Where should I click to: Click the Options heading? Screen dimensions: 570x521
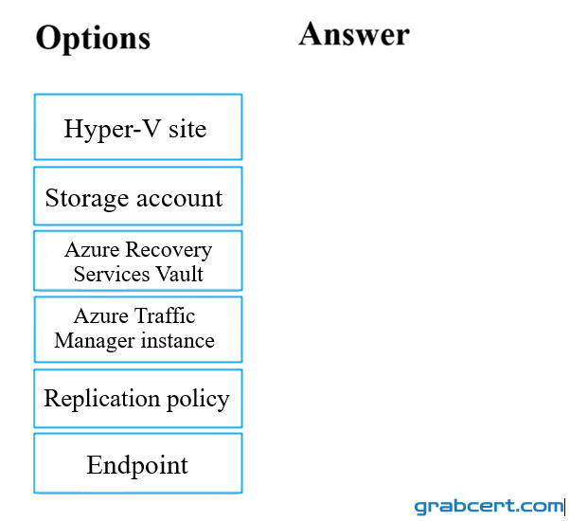point(93,39)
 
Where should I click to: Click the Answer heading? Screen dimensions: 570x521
point(354,34)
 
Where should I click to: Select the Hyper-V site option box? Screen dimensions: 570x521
point(138,127)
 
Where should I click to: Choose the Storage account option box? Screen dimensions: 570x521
point(138,196)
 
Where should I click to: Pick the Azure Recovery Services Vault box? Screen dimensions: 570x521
point(138,260)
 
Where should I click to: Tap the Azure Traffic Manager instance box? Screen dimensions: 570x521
point(138,330)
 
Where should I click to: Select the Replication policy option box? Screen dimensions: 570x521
point(138,399)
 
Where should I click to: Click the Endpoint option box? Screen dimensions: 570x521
point(138,463)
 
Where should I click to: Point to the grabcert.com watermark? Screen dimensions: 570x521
point(489,507)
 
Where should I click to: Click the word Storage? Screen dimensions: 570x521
point(87,199)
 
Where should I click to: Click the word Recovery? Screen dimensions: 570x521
point(169,251)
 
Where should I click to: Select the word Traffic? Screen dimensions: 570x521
point(165,315)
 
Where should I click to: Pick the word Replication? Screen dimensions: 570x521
point(102,400)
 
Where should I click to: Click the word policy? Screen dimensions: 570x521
point(198,400)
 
